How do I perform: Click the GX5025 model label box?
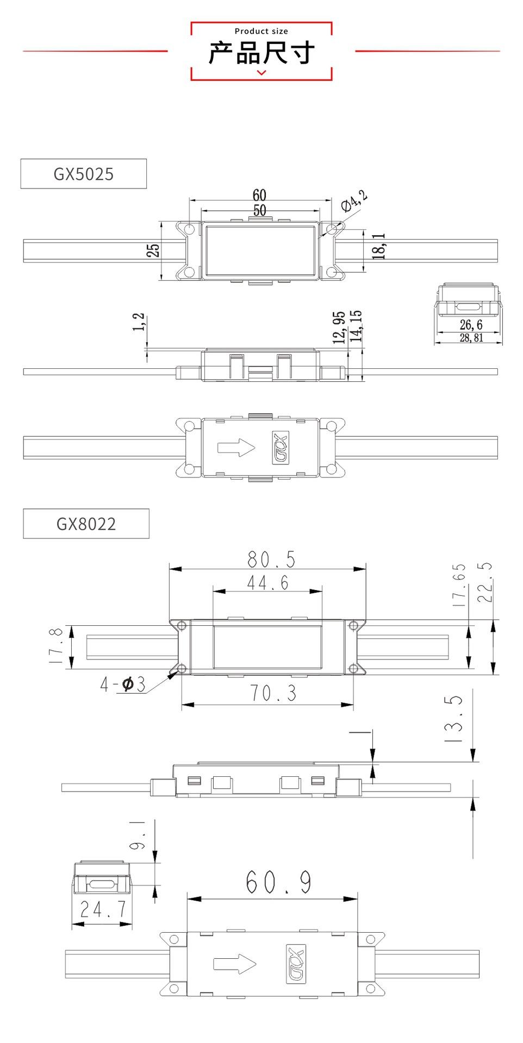(84, 174)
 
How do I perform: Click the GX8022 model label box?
(86, 524)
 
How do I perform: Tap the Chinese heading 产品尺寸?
(261, 53)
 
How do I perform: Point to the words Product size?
(261, 31)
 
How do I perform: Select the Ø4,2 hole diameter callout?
(354, 200)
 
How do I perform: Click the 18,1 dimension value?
(379, 246)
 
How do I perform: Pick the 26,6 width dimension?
(471, 325)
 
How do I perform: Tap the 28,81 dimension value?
(471, 338)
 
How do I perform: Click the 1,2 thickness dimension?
(140, 322)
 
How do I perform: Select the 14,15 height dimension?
(356, 326)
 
